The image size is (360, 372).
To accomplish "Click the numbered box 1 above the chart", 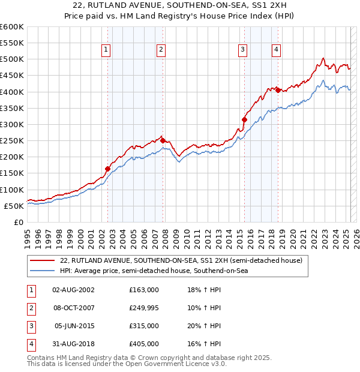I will [106, 50].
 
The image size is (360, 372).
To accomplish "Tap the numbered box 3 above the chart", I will [242, 50].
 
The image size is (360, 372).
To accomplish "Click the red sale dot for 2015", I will [244, 119].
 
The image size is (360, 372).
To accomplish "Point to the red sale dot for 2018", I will [278, 90].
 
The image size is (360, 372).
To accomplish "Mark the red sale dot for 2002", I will [107, 169].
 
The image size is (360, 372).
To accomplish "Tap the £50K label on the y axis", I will [14, 206].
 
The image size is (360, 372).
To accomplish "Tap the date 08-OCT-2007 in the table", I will [73, 308].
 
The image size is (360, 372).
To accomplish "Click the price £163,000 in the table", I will [144, 290].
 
